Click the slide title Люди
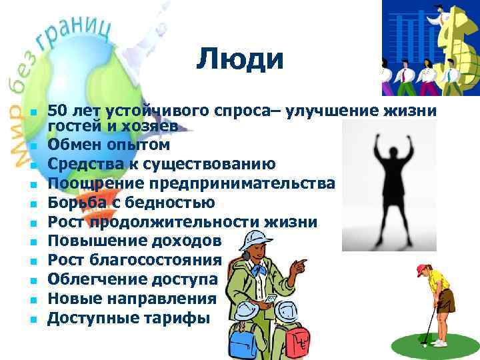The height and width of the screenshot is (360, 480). pos(240,60)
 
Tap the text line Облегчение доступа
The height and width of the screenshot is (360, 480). pos(132,279)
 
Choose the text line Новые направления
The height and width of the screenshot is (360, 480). pos(131,299)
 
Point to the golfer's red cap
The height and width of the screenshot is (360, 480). pos(422,269)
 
